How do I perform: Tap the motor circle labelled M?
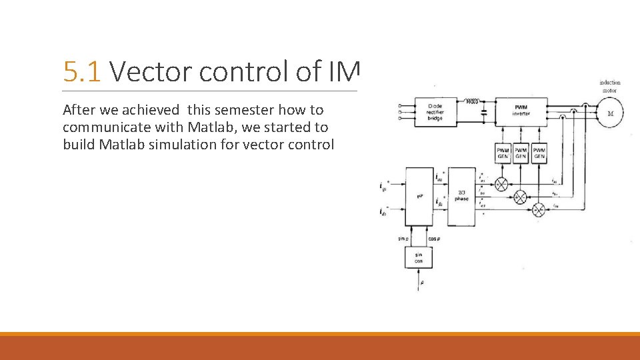tap(609, 113)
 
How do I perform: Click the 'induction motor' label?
tap(609, 86)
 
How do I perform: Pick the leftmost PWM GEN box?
tap(503, 153)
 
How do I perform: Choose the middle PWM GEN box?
tap(521, 153)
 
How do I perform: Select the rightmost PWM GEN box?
tap(539, 153)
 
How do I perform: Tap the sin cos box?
tap(419, 257)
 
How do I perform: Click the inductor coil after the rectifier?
tap(471, 102)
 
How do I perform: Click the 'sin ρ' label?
tap(403, 238)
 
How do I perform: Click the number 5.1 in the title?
tap(82, 71)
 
